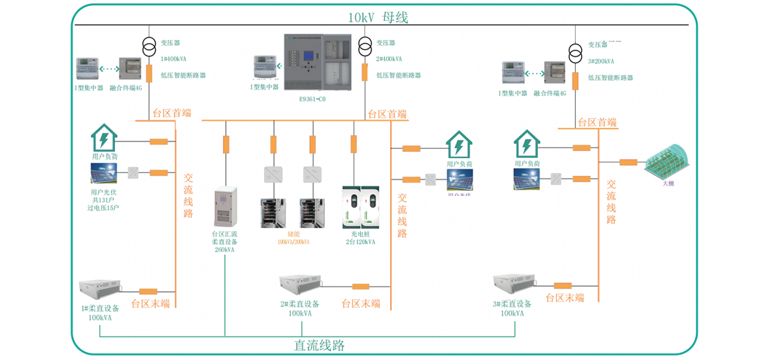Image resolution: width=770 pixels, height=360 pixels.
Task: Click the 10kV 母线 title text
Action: pos(378,18)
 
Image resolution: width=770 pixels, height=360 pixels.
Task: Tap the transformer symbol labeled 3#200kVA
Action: pos(575,53)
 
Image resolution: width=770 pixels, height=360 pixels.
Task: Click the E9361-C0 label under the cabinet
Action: pos(312,99)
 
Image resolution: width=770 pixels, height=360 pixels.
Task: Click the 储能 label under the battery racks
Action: pos(293,233)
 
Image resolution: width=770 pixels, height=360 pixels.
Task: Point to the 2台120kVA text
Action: pos(360,242)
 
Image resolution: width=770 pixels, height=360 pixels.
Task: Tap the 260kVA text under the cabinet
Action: pos(224,250)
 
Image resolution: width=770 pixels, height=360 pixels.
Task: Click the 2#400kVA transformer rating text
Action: pos(389,59)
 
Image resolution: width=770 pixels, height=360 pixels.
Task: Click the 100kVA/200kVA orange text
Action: pos(293,242)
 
